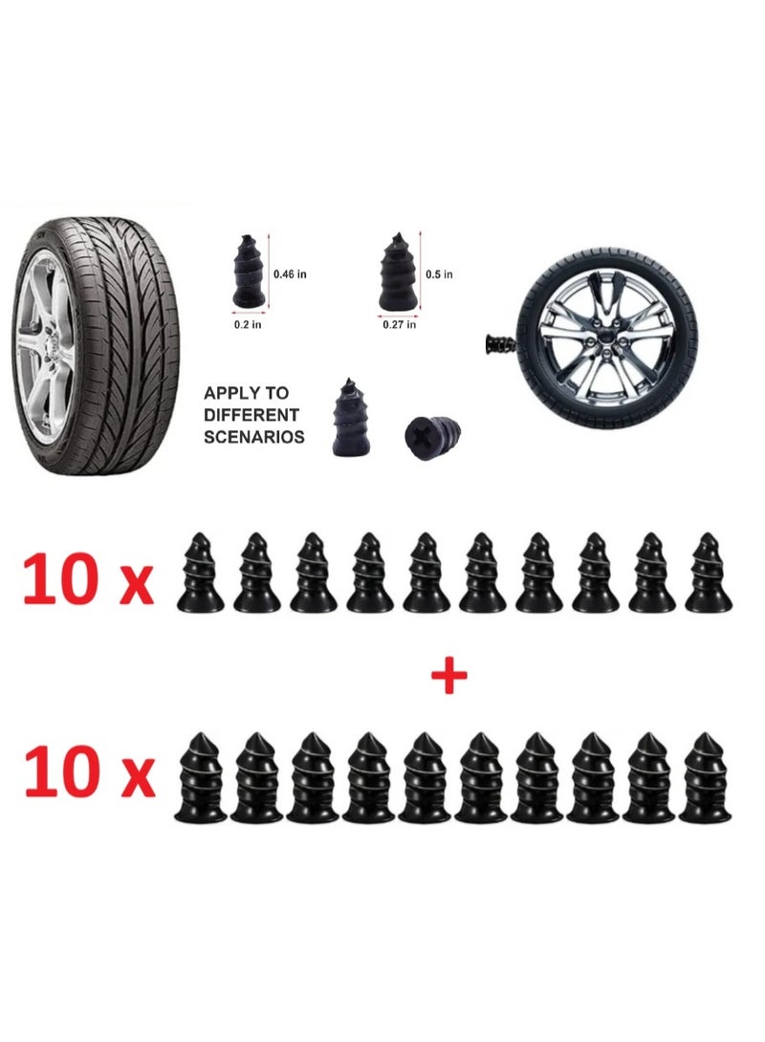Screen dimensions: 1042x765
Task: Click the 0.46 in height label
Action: click(x=289, y=274)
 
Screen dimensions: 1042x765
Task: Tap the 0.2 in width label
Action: click(x=248, y=323)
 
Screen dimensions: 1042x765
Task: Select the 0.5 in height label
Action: click(x=440, y=274)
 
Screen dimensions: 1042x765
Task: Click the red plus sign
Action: click(x=448, y=677)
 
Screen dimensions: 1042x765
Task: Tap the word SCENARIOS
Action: click(x=254, y=437)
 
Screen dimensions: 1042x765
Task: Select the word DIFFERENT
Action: click(x=251, y=415)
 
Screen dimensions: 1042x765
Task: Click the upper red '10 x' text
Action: click(x=88, y=580)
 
